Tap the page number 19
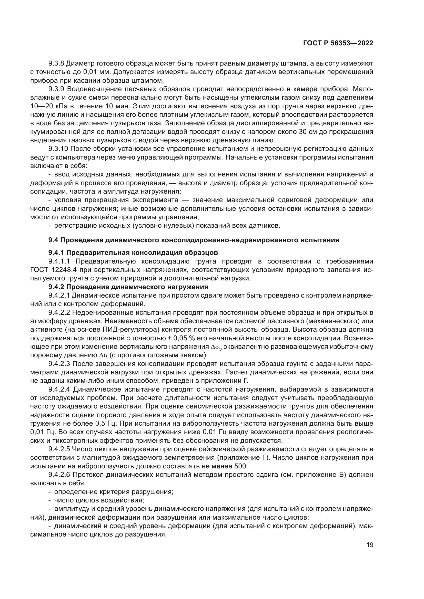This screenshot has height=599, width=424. click(370, 545)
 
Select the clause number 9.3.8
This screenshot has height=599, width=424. click(56, 64)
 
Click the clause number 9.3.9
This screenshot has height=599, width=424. click(56, 89)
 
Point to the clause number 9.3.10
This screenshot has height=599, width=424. click(58, 149)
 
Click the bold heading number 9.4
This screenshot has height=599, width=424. click(54, 240)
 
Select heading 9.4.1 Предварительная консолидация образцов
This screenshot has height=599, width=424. click(133, 253)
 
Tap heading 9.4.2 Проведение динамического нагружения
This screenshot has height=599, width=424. click(128, 287)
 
